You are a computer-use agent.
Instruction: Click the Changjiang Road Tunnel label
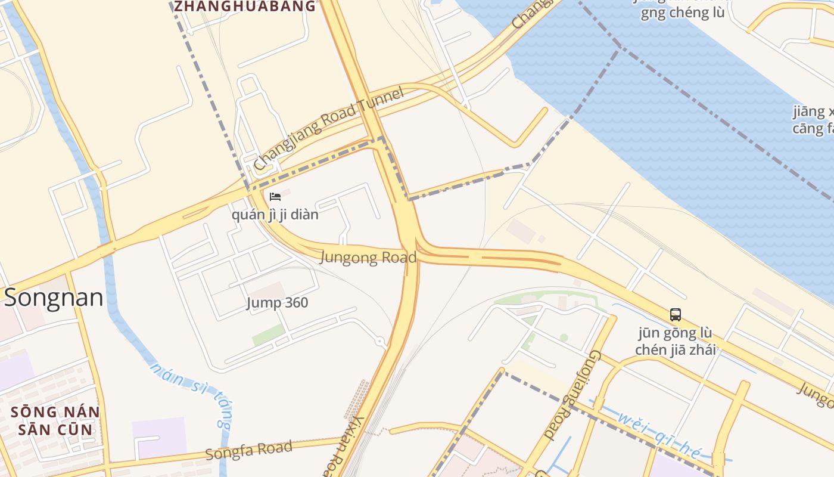coord(329,129)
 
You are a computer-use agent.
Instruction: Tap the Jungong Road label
coord(368,258)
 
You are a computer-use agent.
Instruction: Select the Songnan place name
coord(54,298)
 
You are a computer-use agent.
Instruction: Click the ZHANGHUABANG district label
coord(244,7)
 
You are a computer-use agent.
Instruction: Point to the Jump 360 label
coord(278,302)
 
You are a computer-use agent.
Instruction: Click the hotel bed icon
coord(275,196)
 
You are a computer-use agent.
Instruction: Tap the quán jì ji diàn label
coord(275,214)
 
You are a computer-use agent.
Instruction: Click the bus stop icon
coord(675,315)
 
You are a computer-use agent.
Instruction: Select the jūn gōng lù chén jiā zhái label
coord(675,341)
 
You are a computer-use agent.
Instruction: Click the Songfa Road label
coord(249,450)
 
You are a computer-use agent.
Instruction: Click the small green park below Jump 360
coord(269,334)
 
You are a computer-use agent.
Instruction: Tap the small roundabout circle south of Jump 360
coord(380,342)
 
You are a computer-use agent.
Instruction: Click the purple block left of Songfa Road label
coord(159,438)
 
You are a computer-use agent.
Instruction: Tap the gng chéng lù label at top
coord(683,13)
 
